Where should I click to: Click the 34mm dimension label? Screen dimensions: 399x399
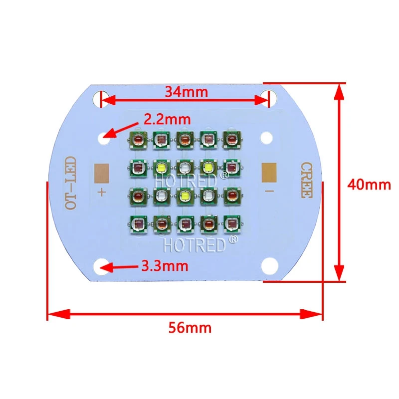[x=186, y=92]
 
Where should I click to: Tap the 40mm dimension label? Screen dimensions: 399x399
[x=369, y=185]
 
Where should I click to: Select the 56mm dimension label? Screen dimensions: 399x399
[x=190, y=328]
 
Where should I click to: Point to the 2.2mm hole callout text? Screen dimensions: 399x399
[x=167, y=119]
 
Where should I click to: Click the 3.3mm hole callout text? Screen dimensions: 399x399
[x=165, y=266]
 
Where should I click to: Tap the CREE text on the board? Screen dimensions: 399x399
[x=307, y=180]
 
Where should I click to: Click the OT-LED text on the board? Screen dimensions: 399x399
[x=70, y=183]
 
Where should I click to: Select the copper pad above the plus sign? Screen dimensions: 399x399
[x=102, y=173]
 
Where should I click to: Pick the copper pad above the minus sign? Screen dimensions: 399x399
[x=269, y=173]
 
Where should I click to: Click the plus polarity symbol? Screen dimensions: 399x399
[x=102, y=192]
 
